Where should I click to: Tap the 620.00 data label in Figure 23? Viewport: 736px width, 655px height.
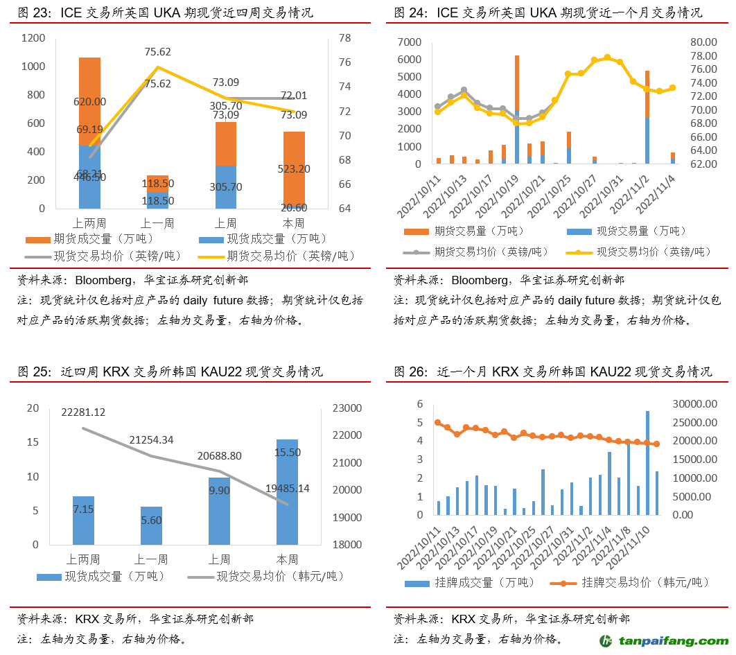point(90,101)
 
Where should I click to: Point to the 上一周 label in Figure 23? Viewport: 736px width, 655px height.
point(157,223)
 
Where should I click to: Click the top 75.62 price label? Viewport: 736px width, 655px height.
point(158,51)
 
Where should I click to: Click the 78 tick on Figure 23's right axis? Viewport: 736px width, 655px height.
point(344,39)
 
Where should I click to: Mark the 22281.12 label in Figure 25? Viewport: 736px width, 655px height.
point(83,412)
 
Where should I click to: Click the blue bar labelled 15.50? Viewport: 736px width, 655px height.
point(287,491)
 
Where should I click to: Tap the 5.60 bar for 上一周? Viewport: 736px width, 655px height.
point(151,525)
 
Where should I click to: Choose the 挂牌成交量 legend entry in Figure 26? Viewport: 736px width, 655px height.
point(471,583)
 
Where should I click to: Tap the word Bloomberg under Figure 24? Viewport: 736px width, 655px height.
point(477,281)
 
